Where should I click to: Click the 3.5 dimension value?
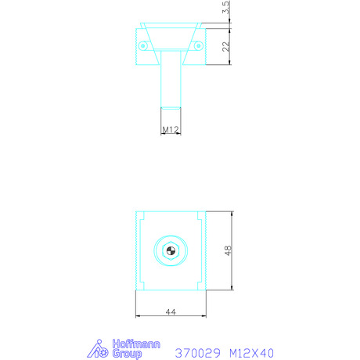226,7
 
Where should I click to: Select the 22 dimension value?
226,46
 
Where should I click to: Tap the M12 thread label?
171,129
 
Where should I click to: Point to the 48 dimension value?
228,250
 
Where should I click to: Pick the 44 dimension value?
171,311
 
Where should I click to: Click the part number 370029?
198,353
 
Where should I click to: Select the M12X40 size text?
251,353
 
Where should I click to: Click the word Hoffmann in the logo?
136,344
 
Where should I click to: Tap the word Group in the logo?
128,354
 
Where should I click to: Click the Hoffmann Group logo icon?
98,349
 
